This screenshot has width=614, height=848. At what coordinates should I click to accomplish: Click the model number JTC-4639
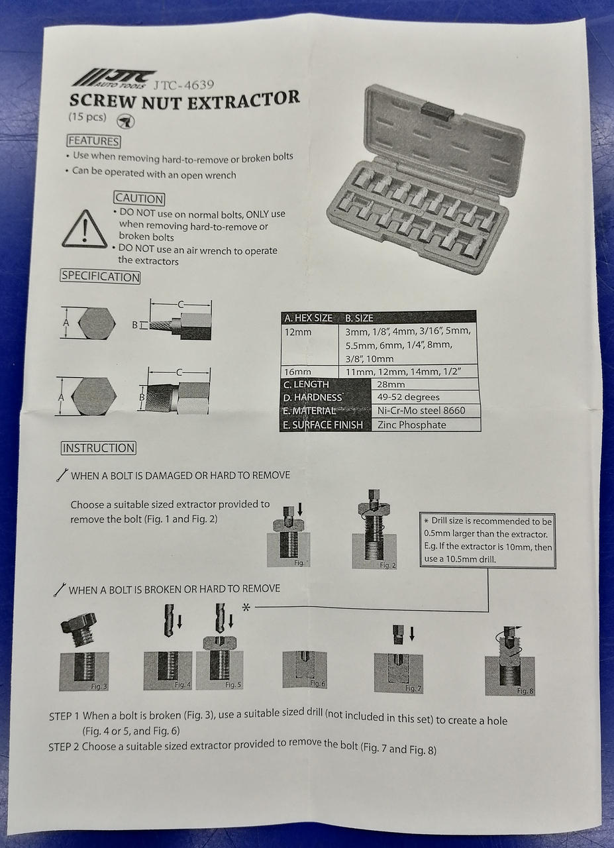[183, 85]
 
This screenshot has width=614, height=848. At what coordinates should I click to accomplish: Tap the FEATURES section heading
[94, 141]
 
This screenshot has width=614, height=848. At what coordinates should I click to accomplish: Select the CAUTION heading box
[139, 198]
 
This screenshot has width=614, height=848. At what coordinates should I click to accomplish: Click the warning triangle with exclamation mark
[84, 230]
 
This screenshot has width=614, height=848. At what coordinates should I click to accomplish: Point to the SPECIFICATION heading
[100, 276]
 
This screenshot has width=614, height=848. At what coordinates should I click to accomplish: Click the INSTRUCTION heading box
[98, 448]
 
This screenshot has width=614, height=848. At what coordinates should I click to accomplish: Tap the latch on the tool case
[437, 111]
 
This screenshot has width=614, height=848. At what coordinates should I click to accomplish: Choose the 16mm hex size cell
[297, 372]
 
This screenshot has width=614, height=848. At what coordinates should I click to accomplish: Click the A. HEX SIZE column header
[308, 318]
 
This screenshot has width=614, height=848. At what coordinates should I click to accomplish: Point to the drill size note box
[487, 540]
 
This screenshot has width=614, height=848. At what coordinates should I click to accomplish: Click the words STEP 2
[64, 747]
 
